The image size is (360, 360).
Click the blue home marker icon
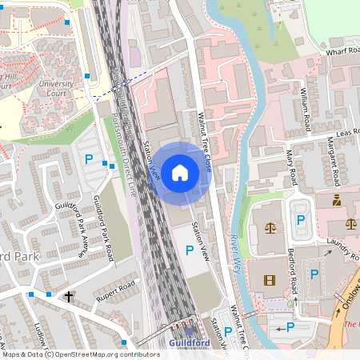[x=179, y=172]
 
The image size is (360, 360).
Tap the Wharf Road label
[x=342, y=50]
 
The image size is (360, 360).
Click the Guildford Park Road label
[x=103, y=229]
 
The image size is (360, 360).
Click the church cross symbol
[x=68, y=297]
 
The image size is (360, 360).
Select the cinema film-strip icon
[x=269, y=279]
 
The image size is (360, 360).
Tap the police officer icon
[x=337, y=199]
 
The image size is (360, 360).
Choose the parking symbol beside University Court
[x=89, y=158]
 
